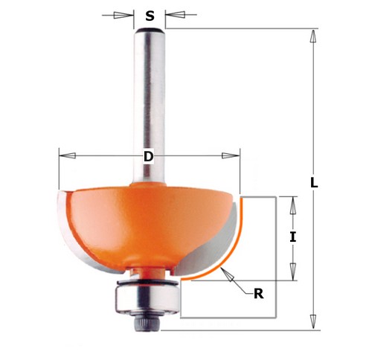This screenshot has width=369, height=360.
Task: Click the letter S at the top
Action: (x=150, y=15)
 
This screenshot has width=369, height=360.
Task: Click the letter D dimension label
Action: (x=149, y=157)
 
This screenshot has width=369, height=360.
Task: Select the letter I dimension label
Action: (x=293, y=238)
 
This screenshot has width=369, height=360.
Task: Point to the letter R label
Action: (x=258, y=293)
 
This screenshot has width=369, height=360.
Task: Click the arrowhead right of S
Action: (x=173, y=15)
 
